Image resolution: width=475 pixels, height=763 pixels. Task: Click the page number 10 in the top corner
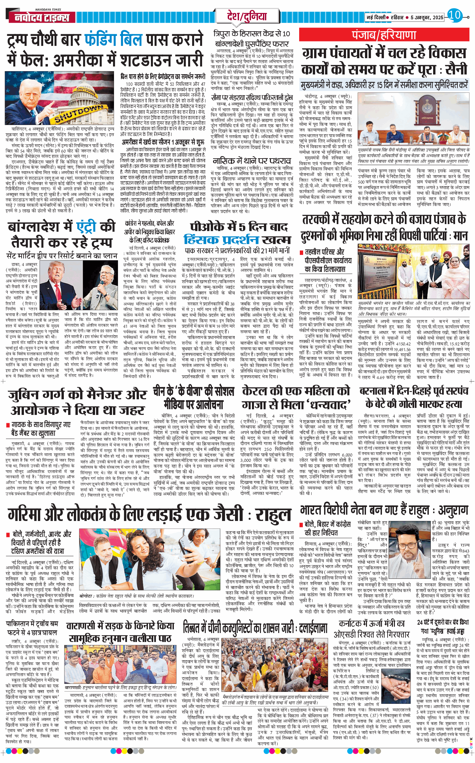(454, 15)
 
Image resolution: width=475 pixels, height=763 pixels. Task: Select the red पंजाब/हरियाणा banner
(384, 35)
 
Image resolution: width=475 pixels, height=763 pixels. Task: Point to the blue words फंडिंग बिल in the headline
(113, 40)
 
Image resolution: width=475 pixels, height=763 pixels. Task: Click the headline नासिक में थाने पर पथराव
(252, 161)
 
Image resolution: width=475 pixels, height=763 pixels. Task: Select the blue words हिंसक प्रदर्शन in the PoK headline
(221, 240)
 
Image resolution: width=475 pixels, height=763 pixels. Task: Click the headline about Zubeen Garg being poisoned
(77, 402)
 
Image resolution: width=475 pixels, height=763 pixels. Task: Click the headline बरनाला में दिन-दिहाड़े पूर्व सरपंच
(414, 397)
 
